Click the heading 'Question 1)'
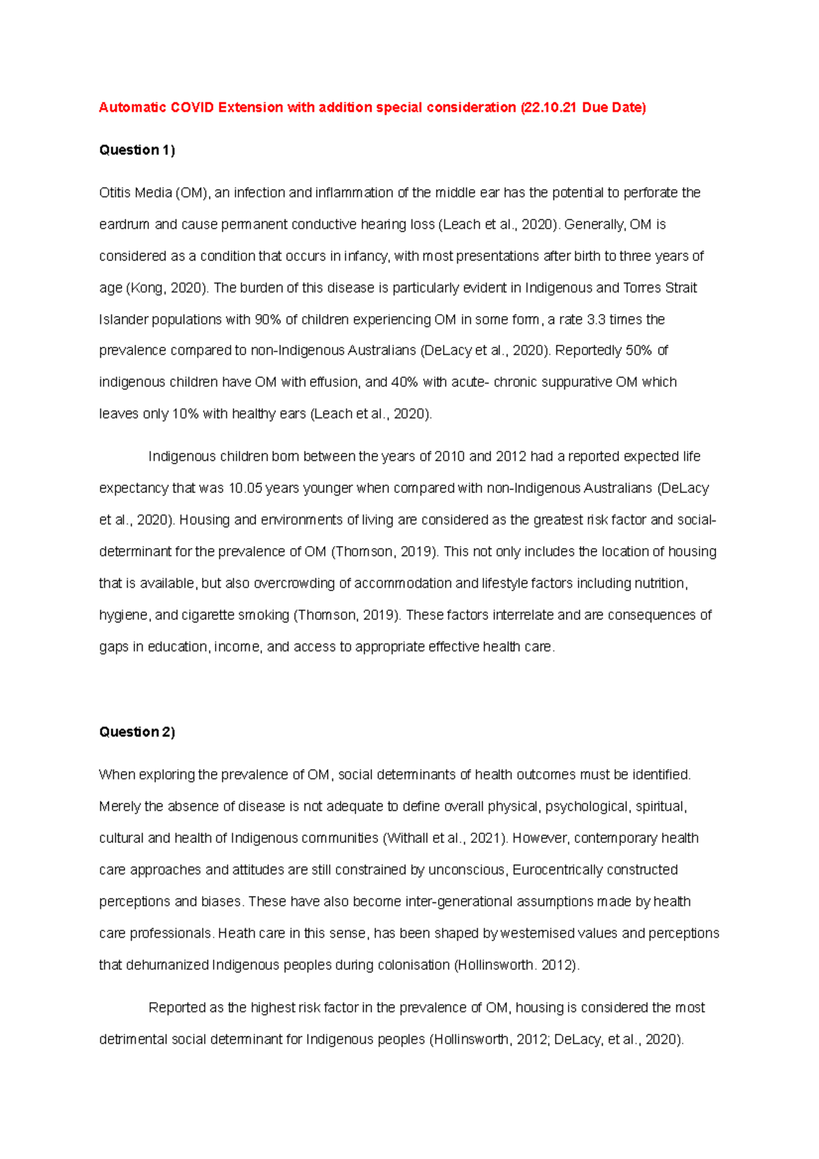coord(137,150)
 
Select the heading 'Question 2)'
coord(137,732)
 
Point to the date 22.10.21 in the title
coord(551,107)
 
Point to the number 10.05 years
coord(245,489)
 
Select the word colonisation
coord(407,965)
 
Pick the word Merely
coord(120,807)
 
